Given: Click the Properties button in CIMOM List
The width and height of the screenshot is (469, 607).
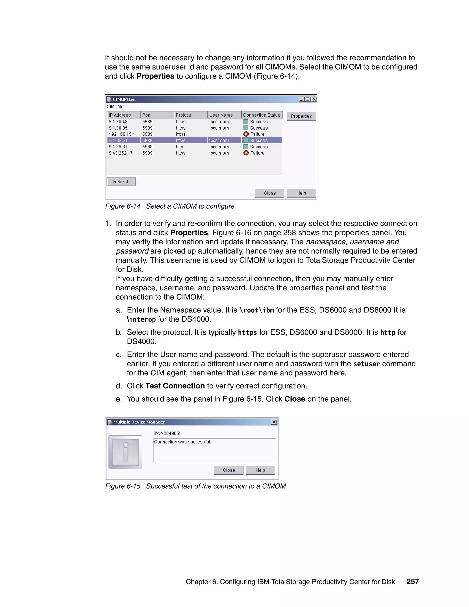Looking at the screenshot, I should pyautogui.click(x=301, y=116).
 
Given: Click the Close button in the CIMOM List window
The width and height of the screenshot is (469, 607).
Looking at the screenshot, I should pyautogui.click(x=270, y=193).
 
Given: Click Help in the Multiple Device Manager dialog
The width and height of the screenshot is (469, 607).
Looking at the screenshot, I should pyautogui.click(x=260, y=470).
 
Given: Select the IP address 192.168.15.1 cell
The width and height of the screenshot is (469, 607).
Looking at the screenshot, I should pyautogui.click(x=122, y=134).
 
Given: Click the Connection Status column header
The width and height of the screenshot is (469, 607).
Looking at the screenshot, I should pyautogui.click(x=262, y=115).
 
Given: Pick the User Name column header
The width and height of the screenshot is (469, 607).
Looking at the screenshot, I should pyautogui.click(x=221, y=115).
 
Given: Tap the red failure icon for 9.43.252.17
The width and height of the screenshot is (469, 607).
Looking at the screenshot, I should pyautogui.click(x=246, y=153).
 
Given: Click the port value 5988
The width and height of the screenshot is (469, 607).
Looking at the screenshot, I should pyautogui.click(x=147, y=147).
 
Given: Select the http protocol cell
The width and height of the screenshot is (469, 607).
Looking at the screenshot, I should pyautogui.click(x=180, y=147).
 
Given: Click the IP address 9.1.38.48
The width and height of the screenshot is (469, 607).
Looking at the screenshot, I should pyautogui.click(x=118, y=122).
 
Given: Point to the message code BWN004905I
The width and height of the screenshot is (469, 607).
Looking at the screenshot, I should pyautogui.click(x=167, y=433).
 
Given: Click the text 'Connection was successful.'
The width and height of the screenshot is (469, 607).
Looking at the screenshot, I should pyautogui.click(x=183, y=442).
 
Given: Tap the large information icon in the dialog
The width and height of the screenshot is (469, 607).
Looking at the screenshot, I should pyautogui.click(x=125, y=452).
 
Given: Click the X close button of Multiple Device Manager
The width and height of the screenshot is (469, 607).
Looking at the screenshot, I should pyautogui.click(x=274, y=422).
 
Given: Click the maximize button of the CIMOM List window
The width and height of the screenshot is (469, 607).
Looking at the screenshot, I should pyautogui.click(x=308, y=99).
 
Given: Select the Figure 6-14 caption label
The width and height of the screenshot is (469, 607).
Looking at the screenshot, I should pyautogui.click(x=123, y=206).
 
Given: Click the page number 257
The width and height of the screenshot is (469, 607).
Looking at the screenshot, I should pyautogui.click(x=413, y=581).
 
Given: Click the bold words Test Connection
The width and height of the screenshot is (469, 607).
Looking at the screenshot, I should pyautogui.click(x=175, y=386).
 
